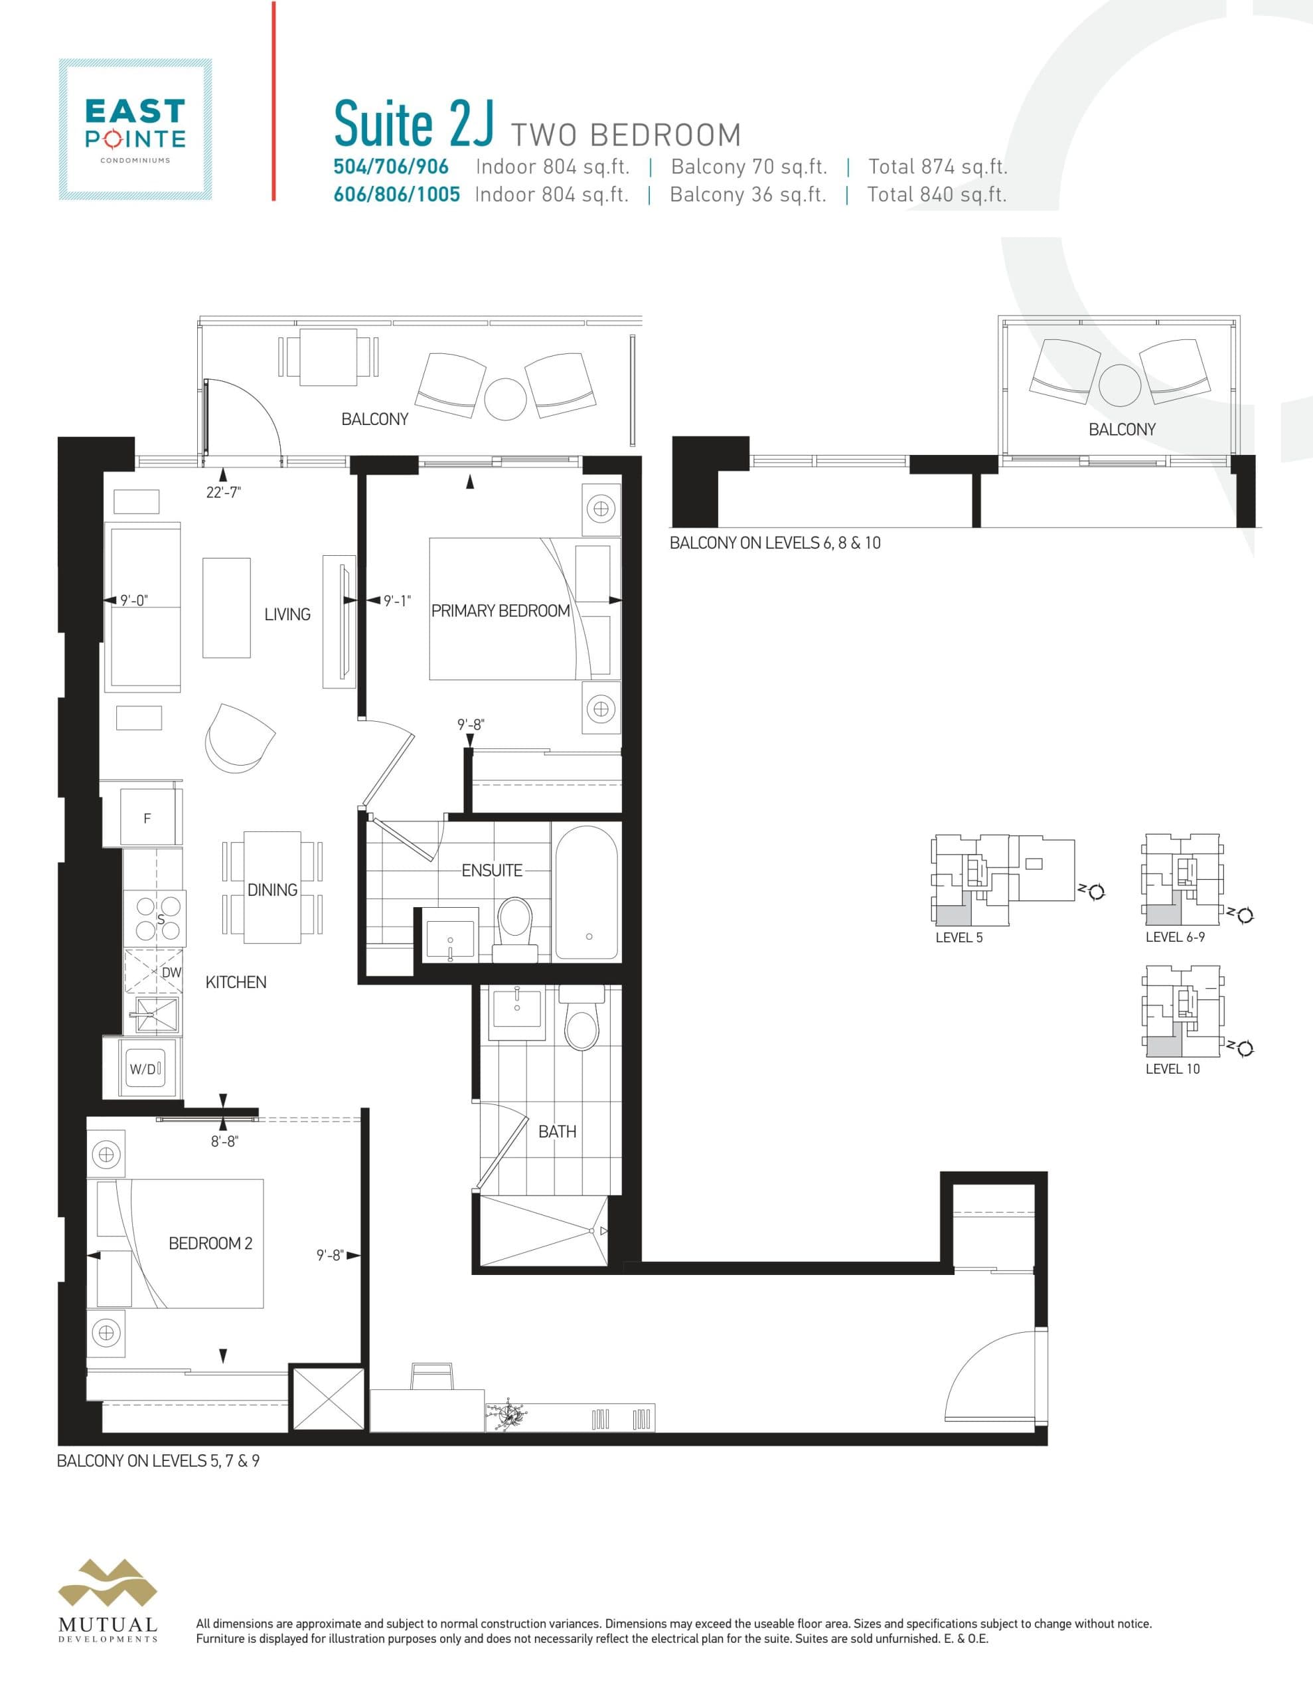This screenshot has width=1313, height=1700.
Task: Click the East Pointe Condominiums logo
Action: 135,129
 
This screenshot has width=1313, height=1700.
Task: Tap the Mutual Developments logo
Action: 108,1600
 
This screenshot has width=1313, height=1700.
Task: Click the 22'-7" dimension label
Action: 224,492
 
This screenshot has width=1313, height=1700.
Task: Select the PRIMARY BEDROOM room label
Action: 501,611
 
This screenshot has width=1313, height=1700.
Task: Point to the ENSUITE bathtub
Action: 586,892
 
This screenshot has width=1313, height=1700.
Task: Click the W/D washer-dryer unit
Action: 145,1068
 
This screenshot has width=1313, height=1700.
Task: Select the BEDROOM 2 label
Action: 210,1243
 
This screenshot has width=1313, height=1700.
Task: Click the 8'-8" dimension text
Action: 224,1141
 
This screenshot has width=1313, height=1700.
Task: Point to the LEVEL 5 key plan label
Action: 959,937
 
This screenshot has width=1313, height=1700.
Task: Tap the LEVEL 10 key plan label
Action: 1172,1068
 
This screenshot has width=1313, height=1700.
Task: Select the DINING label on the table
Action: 272,890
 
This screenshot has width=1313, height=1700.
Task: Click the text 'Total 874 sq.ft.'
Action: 938,167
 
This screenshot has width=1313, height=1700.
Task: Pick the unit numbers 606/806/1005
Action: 397,195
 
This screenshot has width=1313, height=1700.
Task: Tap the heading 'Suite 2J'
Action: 414,125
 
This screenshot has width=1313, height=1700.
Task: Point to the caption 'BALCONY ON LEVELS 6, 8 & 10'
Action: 775,543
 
